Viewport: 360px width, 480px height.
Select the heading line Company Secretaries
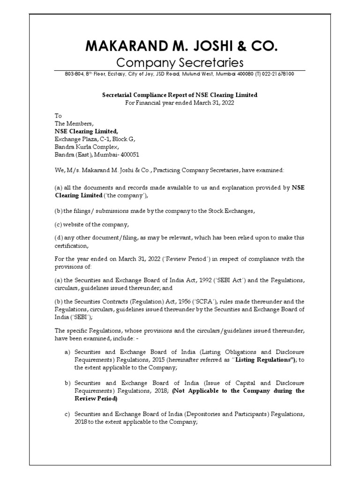[180, 62]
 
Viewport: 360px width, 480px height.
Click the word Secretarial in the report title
[118, 95]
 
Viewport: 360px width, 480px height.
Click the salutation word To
[58, 116]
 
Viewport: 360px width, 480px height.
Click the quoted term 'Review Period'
[161, 259]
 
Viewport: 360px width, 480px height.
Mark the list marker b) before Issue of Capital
[67, 383]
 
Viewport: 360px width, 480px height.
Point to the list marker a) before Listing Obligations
[67, 352]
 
